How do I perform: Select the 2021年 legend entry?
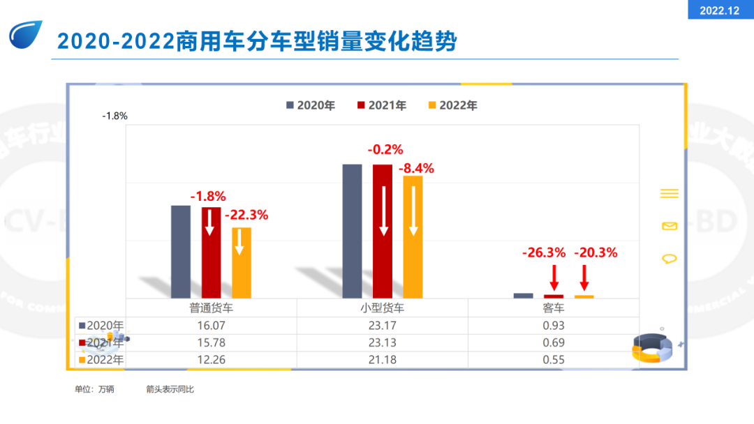coord(382,105)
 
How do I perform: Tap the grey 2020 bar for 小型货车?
coord(352,231)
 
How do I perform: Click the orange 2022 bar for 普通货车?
coord(242,263)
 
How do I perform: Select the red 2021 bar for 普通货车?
coord(211,252)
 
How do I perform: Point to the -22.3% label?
coord(246,215)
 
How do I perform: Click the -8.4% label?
coord(416,168)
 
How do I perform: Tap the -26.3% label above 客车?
coord(544,252)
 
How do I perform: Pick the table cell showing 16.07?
coord(211,326)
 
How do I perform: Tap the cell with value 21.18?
coord(383,360)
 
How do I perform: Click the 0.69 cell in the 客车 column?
coord(554,343)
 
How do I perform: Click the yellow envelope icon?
coord(669,226)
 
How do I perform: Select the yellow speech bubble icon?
coord(669,259)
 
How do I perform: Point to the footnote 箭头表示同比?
coord(170,389)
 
